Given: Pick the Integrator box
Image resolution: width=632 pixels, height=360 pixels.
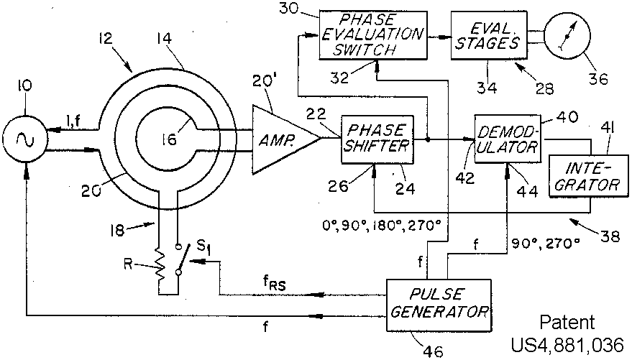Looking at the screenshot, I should pyautogui.click(x=586, y=176).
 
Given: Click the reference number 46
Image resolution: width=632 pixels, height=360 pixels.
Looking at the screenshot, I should pyautogui.click(x=434, y=351).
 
